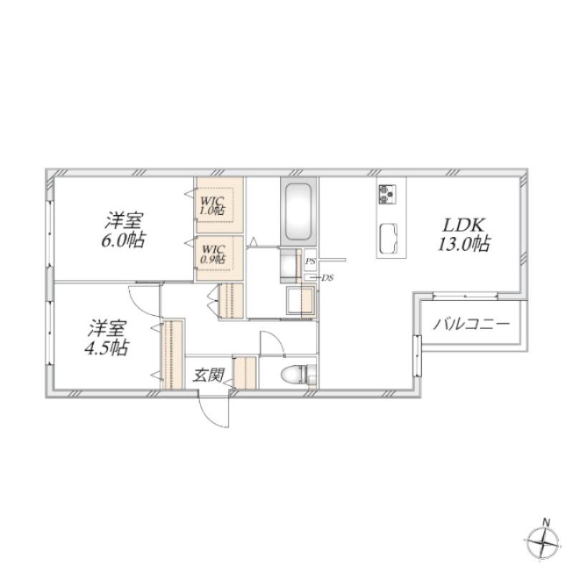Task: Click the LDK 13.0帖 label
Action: [x=463, y=235]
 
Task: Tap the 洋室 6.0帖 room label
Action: [x=123, y=231]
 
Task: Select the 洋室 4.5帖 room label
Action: [x=106, y=338]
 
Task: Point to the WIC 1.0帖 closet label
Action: [x=213, y=206]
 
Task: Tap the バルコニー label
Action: [x=471, y=324]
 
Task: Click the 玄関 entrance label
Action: [x=208, y=375]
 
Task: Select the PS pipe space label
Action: [x=310, y=261]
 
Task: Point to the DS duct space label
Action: [x=327, y=278]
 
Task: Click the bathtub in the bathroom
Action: [x=298, y=211]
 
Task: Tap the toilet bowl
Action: [x=294, y=375]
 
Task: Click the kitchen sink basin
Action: [x=388, y=239]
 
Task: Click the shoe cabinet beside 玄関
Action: [x=246, y=372]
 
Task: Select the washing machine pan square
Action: [x=301, y=299]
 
